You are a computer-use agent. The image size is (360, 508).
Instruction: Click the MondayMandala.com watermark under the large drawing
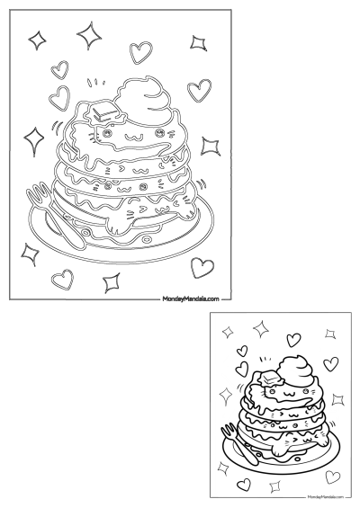190,298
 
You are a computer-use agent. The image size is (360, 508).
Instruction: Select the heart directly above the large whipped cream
139,51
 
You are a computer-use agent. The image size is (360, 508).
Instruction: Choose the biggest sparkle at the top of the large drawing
89,35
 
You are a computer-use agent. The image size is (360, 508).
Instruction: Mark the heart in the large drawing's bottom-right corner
202,266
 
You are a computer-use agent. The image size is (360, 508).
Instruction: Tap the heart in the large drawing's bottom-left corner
62,280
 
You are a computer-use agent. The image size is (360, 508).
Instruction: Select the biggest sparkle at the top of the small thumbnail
261,330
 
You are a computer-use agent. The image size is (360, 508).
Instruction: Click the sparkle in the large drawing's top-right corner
198,41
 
